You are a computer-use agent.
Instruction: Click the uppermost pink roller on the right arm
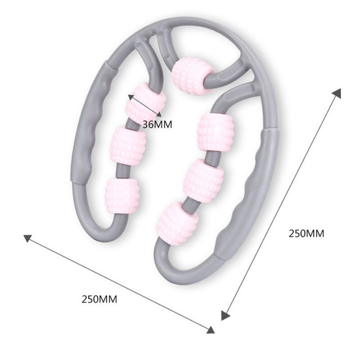[x=216, y=132]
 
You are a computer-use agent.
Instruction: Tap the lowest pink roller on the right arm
[x=177, y=223]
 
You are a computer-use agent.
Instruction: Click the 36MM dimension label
[x=157, y=125]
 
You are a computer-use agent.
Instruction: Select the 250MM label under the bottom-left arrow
[x=99, y=299]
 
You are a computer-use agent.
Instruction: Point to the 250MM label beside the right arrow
[x=306, y=234]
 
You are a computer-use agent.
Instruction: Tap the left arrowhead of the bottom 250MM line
[x=28, y=238]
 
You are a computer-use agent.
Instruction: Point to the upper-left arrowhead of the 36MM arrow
[x=130, y=97]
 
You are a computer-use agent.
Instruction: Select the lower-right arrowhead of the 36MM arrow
[x=159, y=114]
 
